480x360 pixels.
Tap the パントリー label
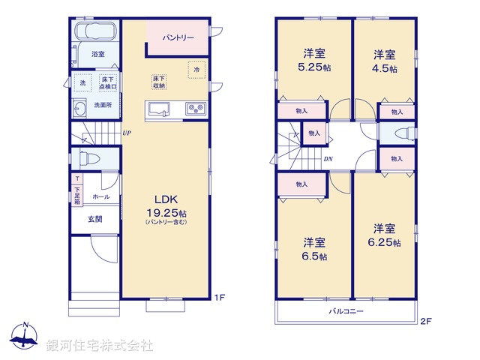177,36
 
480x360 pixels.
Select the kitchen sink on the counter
159,109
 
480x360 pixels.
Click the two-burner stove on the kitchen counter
195,109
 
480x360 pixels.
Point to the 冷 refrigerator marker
196,69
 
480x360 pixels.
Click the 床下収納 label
159,82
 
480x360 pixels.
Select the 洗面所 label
103,106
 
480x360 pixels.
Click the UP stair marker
127,133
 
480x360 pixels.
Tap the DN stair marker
328,159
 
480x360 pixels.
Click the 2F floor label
425,322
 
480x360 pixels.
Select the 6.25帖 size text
386,243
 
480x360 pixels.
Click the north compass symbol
24,336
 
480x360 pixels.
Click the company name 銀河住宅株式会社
99,346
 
